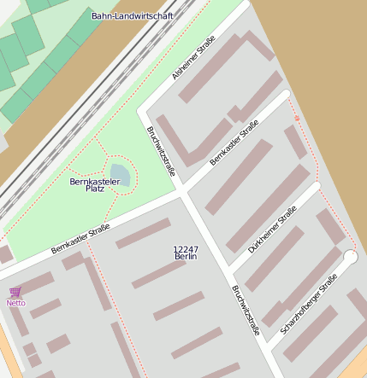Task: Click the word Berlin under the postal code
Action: pyautogui.click(x=186, y=257)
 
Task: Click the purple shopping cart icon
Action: pyautogui.click(x=15, y=293)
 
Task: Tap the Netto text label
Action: pyautogui.click(x=15, y=303)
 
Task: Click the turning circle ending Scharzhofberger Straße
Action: pyautogui.click(x=350, y=256)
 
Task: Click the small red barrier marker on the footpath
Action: pyautogui.click(x=297, y=118)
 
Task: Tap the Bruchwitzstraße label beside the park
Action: pyautogui.click(x=161, y=152)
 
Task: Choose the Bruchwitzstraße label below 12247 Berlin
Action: pyautogui.click(x=245, y=309)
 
